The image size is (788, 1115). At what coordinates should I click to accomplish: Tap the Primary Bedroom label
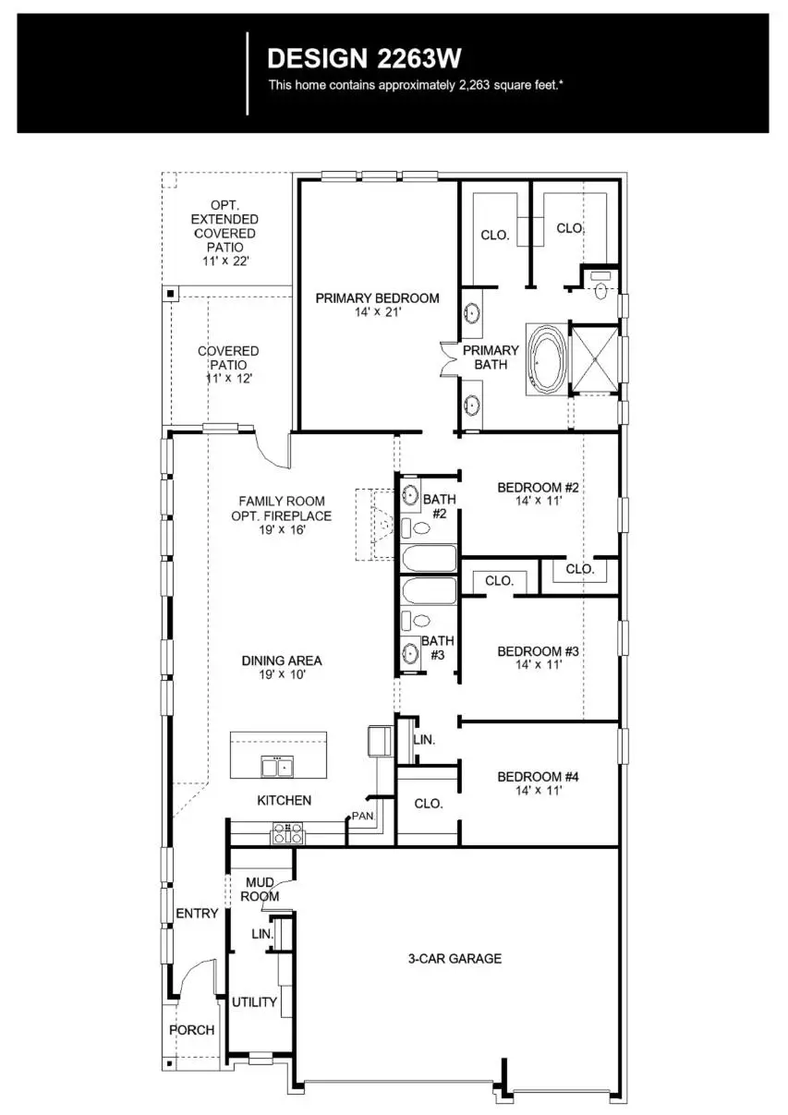[x=377, y=305]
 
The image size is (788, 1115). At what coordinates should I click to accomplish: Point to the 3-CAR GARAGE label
[x=455, y=959]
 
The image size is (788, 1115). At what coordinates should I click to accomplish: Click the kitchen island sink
[x=277, y=767]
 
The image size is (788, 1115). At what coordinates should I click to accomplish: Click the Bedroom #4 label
[x=538, y=783]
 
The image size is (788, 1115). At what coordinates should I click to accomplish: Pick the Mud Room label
[x=260, y=889]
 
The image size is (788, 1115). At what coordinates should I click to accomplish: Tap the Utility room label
[x=254, y=1002]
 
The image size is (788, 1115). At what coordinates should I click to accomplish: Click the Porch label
[x=191, y=1030]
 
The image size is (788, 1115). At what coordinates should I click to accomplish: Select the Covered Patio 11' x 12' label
[x=228, y=364]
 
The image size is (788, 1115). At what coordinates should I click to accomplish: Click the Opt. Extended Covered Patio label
[x=224, y=234]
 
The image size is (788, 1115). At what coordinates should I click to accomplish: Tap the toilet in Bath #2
[x=418, y=527]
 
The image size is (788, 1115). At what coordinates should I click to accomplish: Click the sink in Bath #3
[x=411, y=652]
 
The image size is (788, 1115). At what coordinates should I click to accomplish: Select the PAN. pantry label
[x=360, y=817]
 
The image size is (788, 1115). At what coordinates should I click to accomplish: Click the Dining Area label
[x=282, y=667]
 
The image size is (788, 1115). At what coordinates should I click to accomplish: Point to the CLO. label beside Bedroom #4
[x=428, y=804]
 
